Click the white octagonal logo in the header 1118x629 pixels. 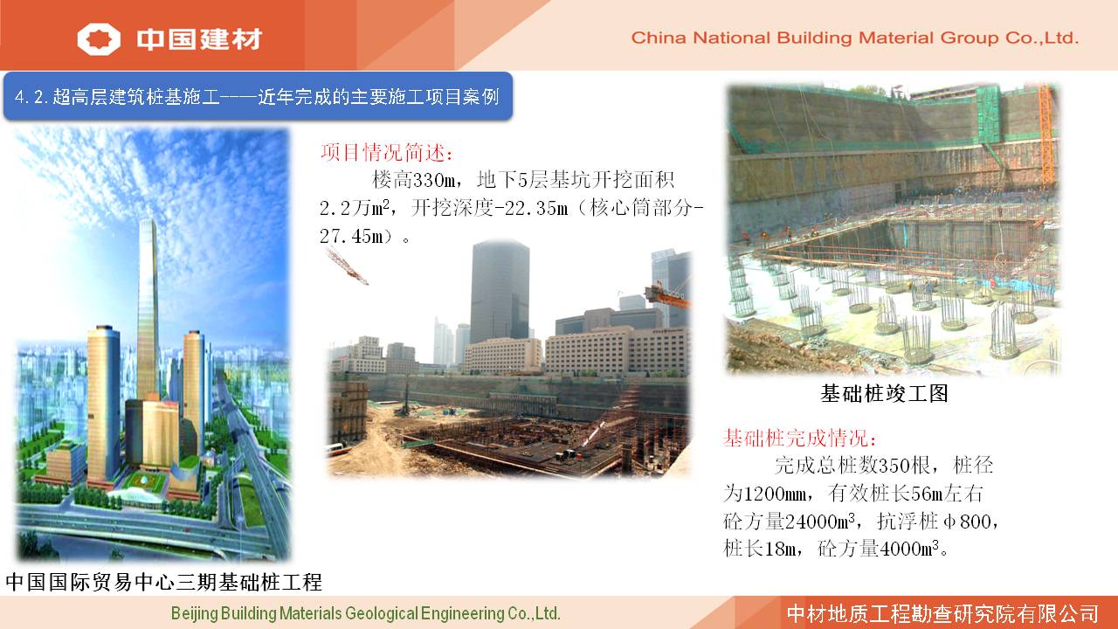tap(99, 38)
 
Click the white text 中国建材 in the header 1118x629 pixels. tap(200, 39)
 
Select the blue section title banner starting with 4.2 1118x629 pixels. tap(258, 96)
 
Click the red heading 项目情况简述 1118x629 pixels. tap(387, 152)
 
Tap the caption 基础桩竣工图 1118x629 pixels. tap(884, 393)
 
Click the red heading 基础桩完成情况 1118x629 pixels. tap(799, 438)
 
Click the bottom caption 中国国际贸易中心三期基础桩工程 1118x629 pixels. tap(163, 582)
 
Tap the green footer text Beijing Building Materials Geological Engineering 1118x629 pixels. tap(365, 613)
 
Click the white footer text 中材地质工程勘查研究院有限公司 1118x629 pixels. tap(942, 613)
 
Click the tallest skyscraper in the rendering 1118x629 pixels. tap(148, 309)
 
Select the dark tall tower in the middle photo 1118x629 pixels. tap(500, 291)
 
